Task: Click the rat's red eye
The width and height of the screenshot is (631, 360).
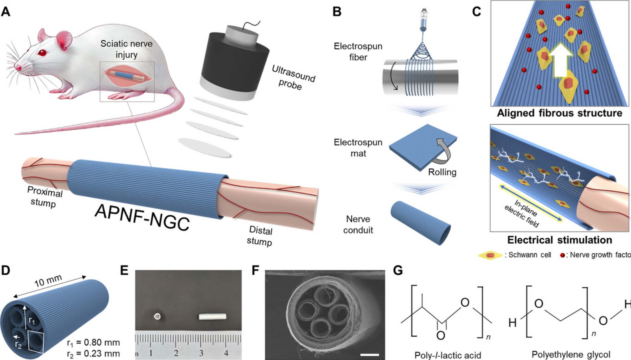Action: click(x=42, y=53)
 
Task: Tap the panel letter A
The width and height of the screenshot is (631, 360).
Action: click(x=6, y=12)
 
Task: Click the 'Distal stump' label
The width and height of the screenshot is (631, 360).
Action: click(x=260, y=236)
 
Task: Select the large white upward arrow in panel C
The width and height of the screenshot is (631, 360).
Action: click(x=560, y=61)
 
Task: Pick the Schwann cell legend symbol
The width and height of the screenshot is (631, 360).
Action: click(x=490, y=255)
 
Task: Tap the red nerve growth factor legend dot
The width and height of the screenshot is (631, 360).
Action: click(x=562, y=255)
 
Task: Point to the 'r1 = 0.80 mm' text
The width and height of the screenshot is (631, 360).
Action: click(x=93, y=343)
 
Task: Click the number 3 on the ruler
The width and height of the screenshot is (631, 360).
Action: click(x=201, y=353)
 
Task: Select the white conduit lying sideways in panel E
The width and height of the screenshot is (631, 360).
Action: click(x=212, y=316)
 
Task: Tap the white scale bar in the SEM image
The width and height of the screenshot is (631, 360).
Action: click(x=369, y=354)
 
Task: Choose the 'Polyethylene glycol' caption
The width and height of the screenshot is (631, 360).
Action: click(x=571, y=354)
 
